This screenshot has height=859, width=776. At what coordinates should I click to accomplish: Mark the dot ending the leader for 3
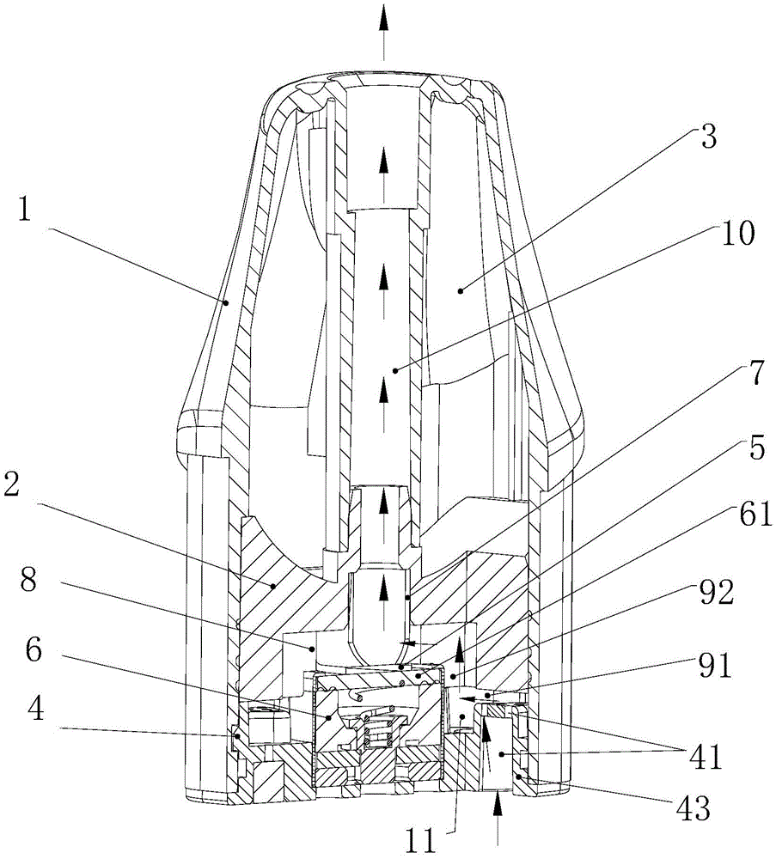click(x=461, y=290)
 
